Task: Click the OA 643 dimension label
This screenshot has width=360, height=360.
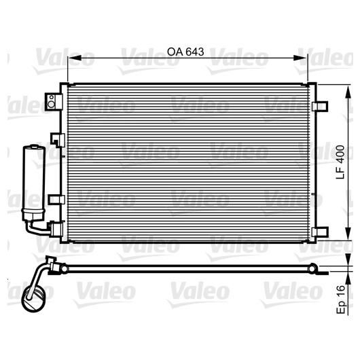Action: point(185,52)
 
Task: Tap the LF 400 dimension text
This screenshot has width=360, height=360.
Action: point(340,162)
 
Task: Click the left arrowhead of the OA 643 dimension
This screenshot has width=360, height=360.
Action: point(75,58)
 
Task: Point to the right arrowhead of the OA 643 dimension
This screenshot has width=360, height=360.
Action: point(300,58)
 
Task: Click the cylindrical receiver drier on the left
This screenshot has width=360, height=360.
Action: point(34,183)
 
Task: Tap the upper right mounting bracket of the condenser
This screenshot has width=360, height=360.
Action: point(320,106)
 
